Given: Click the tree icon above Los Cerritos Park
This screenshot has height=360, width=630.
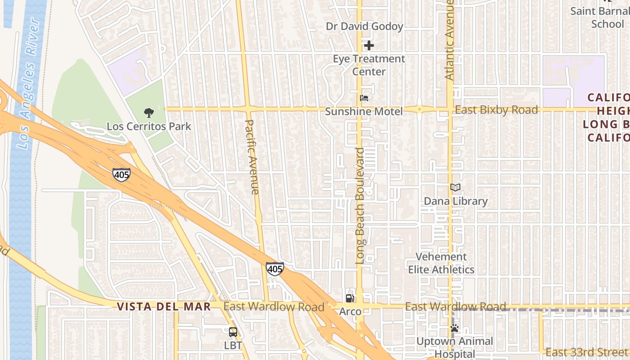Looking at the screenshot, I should point(148,113).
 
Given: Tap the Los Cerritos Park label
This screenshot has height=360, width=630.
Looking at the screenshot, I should point(149,126).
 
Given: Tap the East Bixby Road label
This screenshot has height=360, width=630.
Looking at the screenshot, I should point(496,110).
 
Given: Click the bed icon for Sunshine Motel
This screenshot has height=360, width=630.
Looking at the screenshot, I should point(364,98).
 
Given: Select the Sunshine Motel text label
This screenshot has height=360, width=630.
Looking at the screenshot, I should point(364,112).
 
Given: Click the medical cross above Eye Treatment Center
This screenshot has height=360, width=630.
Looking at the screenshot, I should point(369,45).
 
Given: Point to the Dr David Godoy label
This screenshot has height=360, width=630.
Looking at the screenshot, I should point(364,27).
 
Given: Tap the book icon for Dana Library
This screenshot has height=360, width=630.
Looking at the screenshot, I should point(455,188).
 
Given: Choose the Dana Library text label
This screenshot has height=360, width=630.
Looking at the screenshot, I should point(455,201).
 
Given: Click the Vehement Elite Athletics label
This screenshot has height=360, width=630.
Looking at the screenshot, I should point(441,263).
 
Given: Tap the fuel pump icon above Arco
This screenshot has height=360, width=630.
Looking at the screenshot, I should point(350,298).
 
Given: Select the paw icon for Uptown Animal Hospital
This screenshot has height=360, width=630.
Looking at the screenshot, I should point(454,328).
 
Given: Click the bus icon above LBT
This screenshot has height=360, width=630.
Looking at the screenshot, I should point(233,333).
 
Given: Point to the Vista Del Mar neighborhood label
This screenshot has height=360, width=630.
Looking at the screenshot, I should point(164,307).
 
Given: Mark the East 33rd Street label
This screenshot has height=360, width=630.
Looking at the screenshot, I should point(587,352).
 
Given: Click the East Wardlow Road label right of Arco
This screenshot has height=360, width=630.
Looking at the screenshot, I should point(455,307).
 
